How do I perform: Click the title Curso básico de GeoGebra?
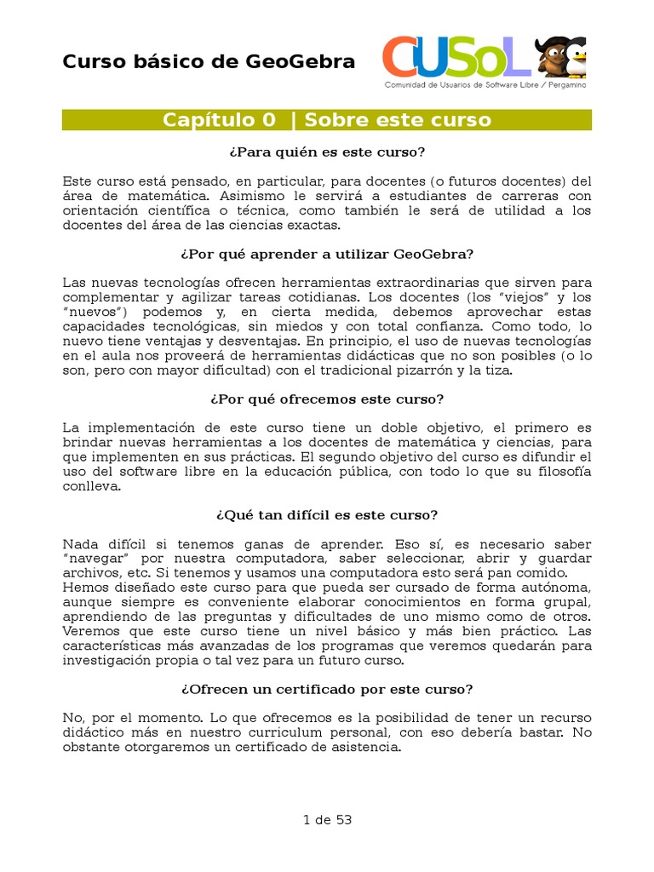tap(209, 61)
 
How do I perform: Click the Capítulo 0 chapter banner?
tap(327, 120)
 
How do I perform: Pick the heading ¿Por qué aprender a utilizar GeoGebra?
tap(327, 254)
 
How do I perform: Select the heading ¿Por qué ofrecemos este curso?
tap(327, 399)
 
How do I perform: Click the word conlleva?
tap(92, 487)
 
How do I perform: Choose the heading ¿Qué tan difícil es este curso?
tap(327, 515)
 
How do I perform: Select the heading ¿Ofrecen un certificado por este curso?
tap(327, 689)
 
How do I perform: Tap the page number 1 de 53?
tap(327, 820)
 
